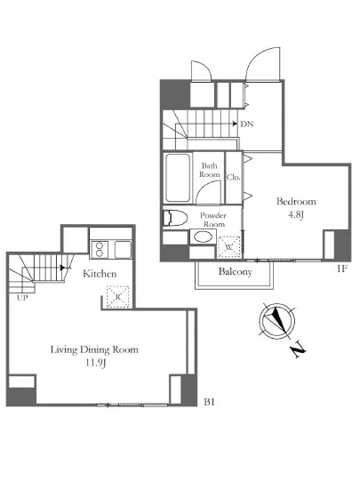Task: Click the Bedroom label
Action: [x=296, y=202]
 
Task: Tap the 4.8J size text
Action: [x=295, y=215]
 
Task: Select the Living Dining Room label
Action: [x=94, y=349]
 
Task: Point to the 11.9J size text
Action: [x=96, y=363]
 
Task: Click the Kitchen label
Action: [x=100, y=274]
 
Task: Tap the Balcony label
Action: [x=236, y=272]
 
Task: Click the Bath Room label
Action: [x=210, y=170]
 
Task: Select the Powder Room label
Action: [x=213, y=220]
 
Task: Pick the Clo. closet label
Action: [x=234, y=177]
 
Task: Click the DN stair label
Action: [x=247, y=124]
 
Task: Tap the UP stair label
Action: [x=22, y=298]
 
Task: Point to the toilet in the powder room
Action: [x=175, y=218]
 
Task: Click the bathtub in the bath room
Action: [x=178, y=178]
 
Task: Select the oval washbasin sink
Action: [x=203, y=236]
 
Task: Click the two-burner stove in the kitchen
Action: [x=100, y=249]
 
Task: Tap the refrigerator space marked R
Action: [x=118, y=297]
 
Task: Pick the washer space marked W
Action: [x=229, y=247]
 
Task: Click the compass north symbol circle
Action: [x=276, y=321]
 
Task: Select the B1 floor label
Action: [x=209, y=402]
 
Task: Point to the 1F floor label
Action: [x=341, y=269]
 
